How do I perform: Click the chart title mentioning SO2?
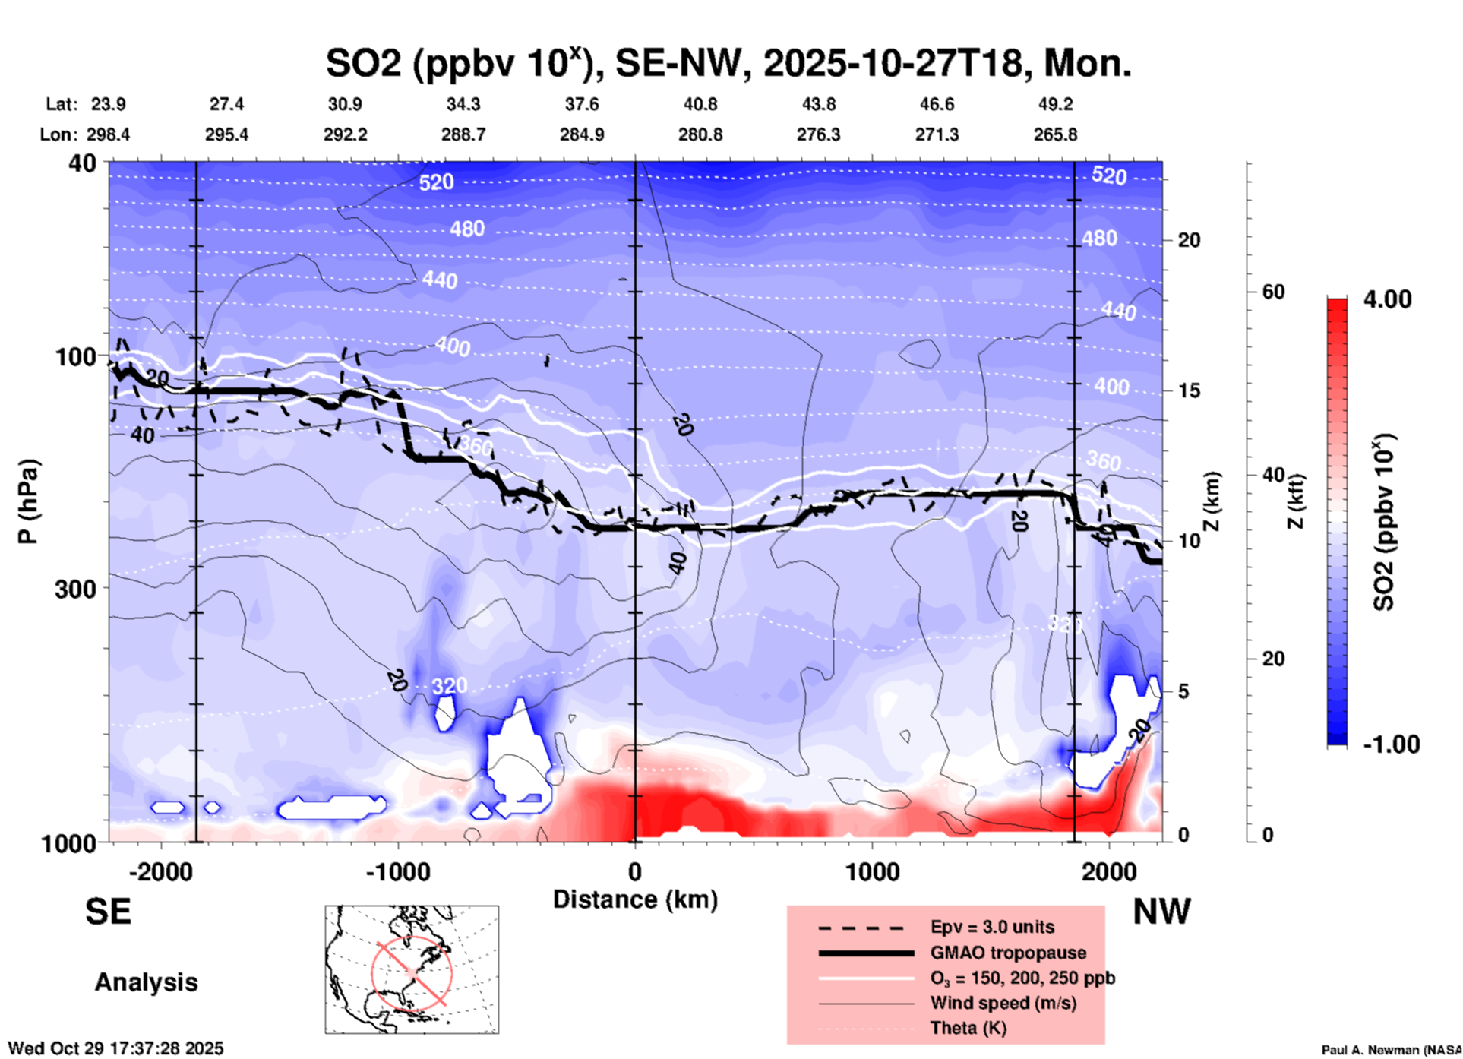pos(728,62)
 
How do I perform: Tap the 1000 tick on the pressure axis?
pos(74,843)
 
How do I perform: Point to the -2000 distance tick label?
pos(160,872)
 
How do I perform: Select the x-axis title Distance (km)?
pos(635,899)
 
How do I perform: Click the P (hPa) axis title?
pos(28,501)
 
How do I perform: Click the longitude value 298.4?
pos(108,134)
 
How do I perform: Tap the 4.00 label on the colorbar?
pos(1387,299)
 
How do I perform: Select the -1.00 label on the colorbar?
pos(1391,744)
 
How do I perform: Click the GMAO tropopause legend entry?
pos(1008,953)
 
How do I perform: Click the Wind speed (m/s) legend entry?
pos(1003,1003)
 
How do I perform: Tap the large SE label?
pos(108,912)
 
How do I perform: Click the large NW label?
pos(1161,912)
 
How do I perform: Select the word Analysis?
pos(146,982)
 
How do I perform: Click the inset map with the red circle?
pos(412,969)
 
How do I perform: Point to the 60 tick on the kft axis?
pos(1273,292)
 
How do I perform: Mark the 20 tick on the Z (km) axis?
pos(1189,240)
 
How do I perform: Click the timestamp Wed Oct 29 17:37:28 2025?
pos(115,1048)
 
